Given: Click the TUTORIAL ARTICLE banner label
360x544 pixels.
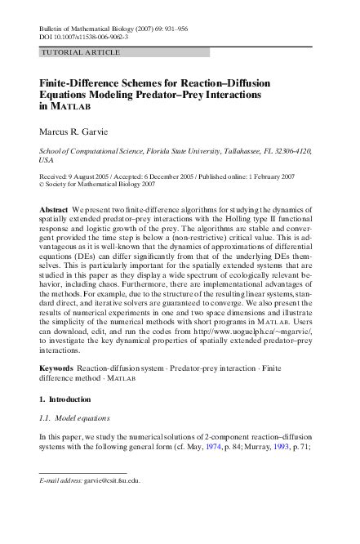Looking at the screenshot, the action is (81, 52).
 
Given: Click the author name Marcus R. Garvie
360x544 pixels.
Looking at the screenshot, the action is (81, 130).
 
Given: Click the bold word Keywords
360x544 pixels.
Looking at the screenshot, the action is (56, 369).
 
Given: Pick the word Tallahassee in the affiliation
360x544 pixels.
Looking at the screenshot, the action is (224, 151).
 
